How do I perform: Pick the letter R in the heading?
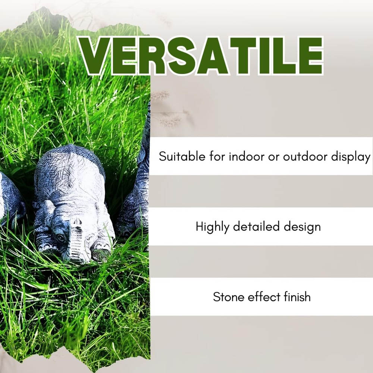(x=152, y=56)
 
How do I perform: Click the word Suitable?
(x=182, y=156)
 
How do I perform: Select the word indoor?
(x=247, y=156)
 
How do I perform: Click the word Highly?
(x=212, y=227)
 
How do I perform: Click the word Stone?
(x=229, y=297)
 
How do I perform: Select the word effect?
(x=264, y=297)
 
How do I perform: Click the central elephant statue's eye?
(x=61, y=238)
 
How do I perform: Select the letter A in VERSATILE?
(x=213, y=56)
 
